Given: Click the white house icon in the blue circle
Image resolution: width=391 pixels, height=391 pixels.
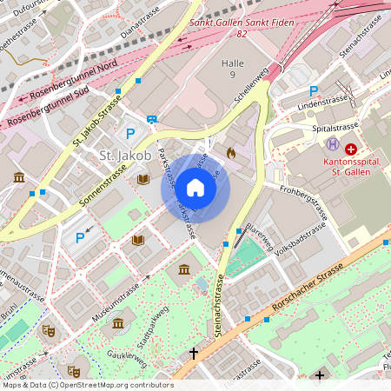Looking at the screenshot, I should (x=195, y=188).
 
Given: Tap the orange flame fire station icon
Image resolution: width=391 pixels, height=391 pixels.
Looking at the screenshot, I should (x=230, y=152).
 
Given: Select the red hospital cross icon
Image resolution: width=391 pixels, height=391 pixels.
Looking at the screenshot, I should (x=351, y=149).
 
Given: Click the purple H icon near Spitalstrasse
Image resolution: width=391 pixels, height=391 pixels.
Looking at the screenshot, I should (x=331, y=143).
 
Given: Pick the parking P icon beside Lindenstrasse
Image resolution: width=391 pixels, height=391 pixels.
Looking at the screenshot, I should (x=314, y=90).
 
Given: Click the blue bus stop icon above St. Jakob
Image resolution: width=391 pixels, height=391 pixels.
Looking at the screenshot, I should (x=152, y=120).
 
